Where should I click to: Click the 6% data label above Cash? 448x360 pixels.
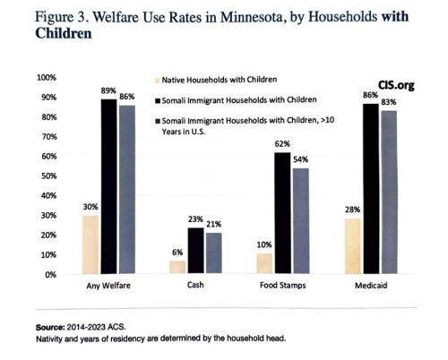pyautogui.click(x=177, y=253)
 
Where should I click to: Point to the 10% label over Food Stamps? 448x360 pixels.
pyautogui.click(x=263, y=244)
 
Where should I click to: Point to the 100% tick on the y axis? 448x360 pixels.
pyautogui.click(x=45, y=78)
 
